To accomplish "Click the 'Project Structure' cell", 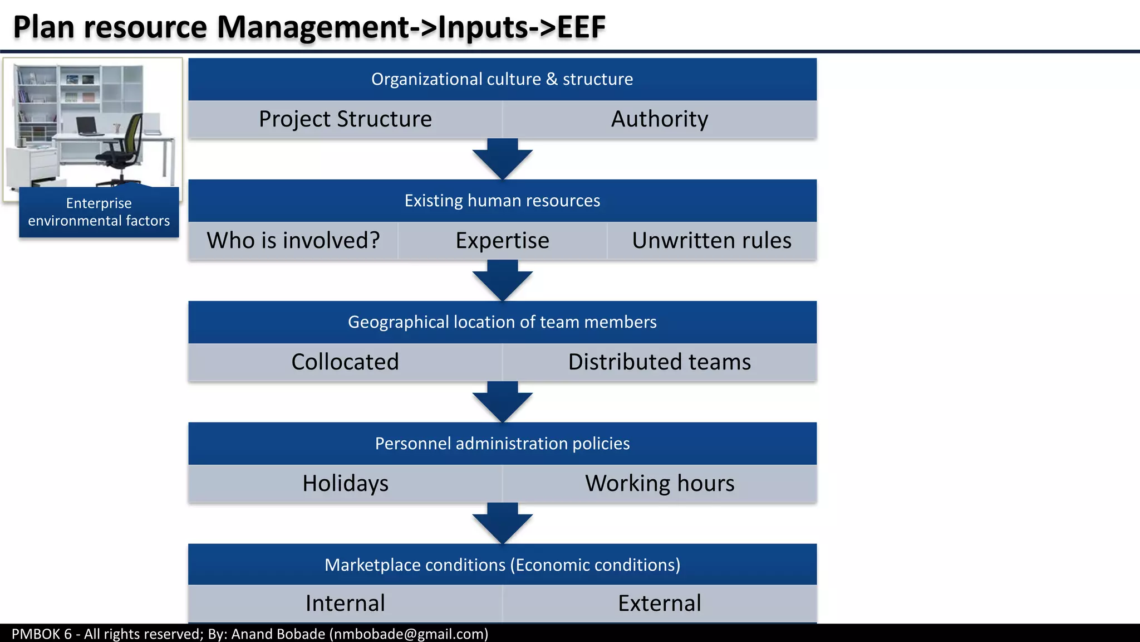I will click(x=345, y=119).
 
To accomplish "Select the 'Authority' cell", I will click(x=660, y=119).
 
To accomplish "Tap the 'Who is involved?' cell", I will click(x=293, y=241).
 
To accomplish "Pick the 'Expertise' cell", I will click(x=502, y=241).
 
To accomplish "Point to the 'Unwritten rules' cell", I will click(x=711, y=241).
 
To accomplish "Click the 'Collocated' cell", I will click(x=345, y=362).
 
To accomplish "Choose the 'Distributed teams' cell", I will click(x=660, y=362).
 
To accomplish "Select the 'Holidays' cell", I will click(x=345, y=483).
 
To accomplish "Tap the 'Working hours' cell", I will click(x=660, y=483).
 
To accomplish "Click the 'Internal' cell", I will click(x=345, y=604).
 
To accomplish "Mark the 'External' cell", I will click(x=660, y=604).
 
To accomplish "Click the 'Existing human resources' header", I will click(x=502, y=201).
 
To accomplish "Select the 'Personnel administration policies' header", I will click(x=502, y=444).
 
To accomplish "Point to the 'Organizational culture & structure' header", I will click(x=502, y=79).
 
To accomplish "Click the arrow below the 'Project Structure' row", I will click(x=503, y=160).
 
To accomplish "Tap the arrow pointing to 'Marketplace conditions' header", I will click(x=503, y=524).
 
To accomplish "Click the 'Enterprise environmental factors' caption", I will click(x=99, y=212).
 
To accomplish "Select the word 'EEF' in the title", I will click(x=581, y=27).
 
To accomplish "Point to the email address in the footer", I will click(x=409, y=634).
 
